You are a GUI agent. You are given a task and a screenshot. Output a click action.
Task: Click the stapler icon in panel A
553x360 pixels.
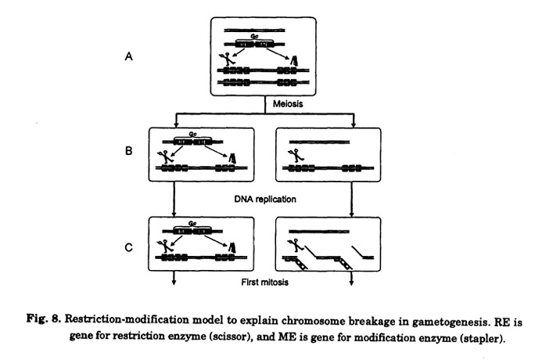[x=294, y=60]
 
